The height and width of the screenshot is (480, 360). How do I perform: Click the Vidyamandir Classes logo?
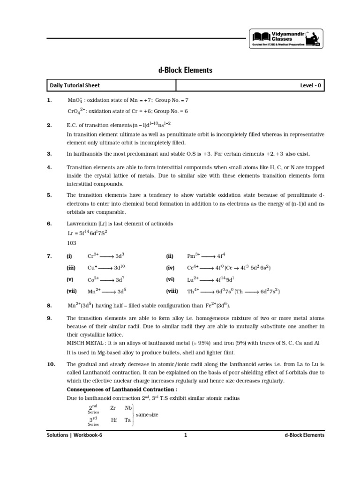tap(285, 38)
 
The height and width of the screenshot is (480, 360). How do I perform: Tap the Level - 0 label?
tap(311, 85)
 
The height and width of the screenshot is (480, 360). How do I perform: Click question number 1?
tap(49, 100)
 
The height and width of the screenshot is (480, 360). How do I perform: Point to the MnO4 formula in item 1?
tap(75, 101)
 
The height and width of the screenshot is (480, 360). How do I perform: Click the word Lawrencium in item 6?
tap(82, 224)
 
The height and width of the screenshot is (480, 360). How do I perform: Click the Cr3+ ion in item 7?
tap(92, 256)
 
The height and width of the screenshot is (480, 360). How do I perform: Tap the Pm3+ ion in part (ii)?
tap(194, 256)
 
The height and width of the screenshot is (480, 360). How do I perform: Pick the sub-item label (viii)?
tap(172, 291)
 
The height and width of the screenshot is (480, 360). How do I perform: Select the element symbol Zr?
tap(112, 408)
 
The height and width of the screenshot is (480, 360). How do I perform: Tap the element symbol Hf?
tap(113, 420)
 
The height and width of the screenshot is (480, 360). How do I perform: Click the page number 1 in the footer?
tap(186, 435)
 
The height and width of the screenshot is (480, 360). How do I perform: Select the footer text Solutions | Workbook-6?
tap(74, 435)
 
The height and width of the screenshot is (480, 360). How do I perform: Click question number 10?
tap(51, 364)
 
